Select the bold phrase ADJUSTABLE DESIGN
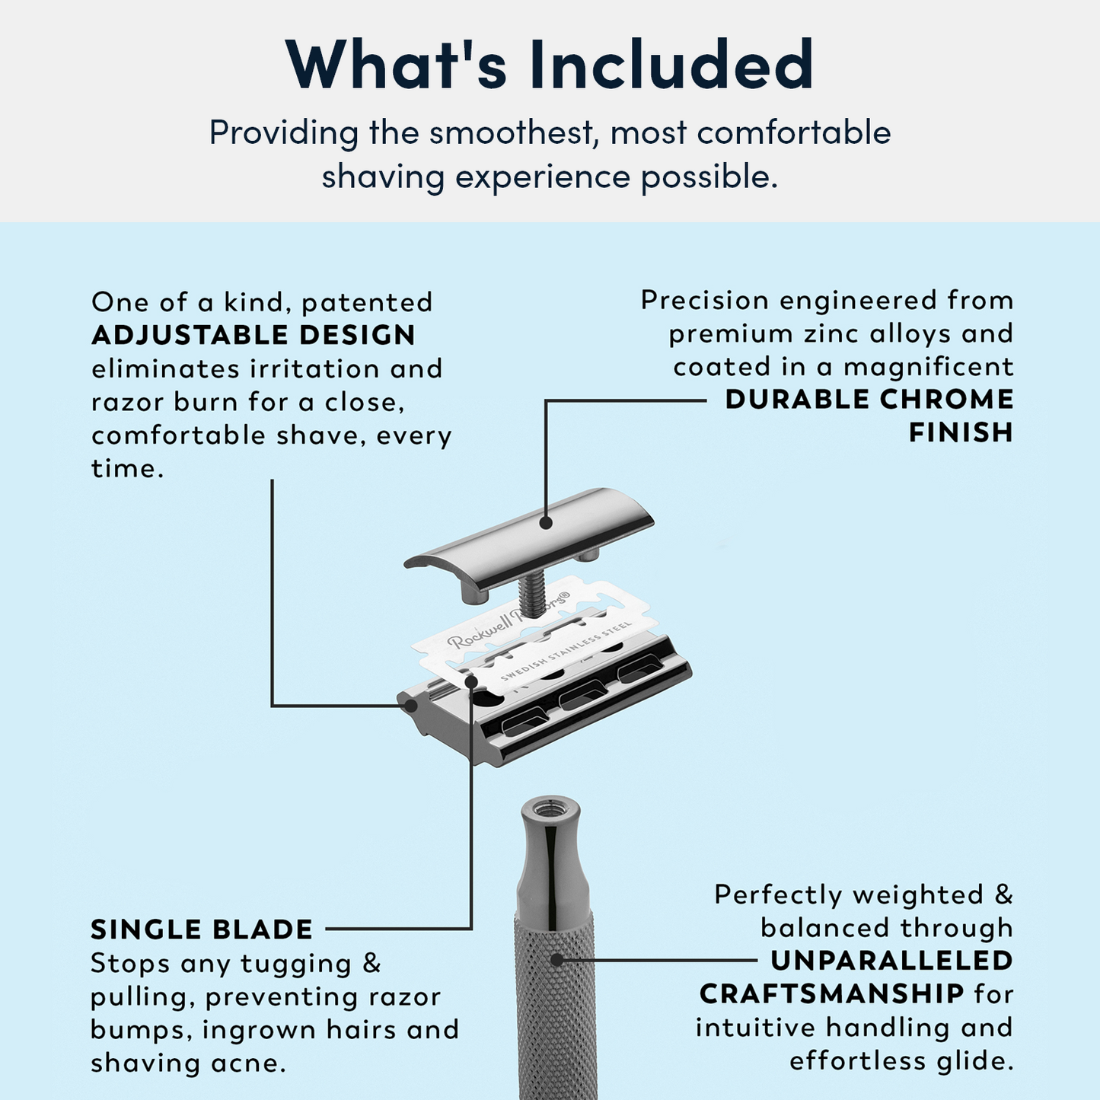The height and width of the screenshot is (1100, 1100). [x=253, y=335]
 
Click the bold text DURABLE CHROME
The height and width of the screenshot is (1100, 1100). [x=869, y=399]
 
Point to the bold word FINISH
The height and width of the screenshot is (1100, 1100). [x=961, y=432]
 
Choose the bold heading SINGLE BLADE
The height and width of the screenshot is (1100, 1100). [x=202, y=929]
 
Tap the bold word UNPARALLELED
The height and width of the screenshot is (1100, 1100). [x=891, y=961]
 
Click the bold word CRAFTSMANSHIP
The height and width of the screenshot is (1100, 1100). [x=832, y=994]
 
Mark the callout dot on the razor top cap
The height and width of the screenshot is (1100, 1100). [x=545, y=523]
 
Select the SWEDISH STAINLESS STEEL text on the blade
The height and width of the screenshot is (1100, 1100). [x=566, y=652]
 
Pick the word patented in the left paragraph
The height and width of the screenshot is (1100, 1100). [x=367, y=302]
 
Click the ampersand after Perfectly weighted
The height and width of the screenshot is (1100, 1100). [x=1003, y=894]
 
